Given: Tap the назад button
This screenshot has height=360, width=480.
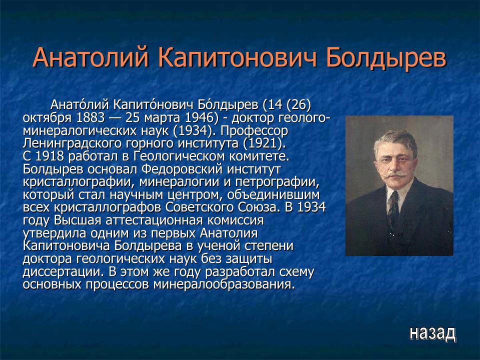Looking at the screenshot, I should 432,332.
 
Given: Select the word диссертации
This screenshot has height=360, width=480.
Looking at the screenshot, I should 56,272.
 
